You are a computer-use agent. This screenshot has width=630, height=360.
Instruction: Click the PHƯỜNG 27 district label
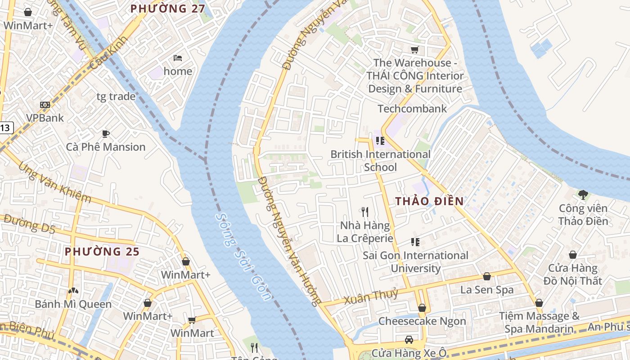167,9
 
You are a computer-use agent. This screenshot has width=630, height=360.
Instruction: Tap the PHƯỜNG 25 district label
102,252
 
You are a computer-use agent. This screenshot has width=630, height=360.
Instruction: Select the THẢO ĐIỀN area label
429,201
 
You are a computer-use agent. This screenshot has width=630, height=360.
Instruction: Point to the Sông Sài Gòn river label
243,256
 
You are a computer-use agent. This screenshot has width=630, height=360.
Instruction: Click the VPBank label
45,118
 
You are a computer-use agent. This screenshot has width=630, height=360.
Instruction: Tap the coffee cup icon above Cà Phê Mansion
105,134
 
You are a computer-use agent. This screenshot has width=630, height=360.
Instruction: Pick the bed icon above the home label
178,58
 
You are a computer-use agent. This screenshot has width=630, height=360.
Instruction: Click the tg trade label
116,96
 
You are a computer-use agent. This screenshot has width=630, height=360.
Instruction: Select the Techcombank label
412,108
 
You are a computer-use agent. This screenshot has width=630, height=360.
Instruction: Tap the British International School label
380,161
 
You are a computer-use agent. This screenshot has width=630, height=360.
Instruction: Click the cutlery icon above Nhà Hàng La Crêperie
365,211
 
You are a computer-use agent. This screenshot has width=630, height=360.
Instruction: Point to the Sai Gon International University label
416,262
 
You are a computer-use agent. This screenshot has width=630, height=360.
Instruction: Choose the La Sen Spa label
486,290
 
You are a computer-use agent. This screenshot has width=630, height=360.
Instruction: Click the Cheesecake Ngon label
422,321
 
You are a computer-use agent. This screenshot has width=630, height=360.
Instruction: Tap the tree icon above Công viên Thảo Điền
583,195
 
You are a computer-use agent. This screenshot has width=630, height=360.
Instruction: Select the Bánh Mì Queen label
73,304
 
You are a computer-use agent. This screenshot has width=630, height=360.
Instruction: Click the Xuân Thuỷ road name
371,297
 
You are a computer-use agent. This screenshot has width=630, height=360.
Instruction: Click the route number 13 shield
4,128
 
